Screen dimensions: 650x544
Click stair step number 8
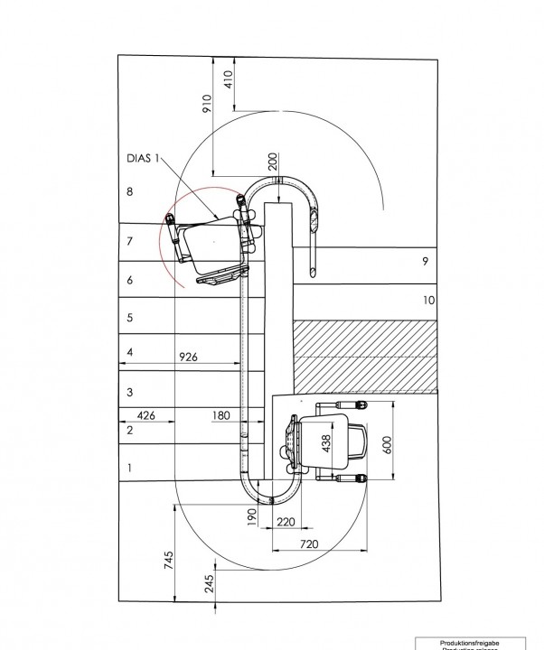tap(130, 191)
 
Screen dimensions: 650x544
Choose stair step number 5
tap(130, 318)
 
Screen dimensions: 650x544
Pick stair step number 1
tap(130, 468)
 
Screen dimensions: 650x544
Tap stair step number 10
tap(427, 299)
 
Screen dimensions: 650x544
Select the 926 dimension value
tap(188, 357)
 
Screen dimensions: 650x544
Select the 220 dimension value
tap(286, 521)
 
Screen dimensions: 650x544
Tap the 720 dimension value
tap(310, 544)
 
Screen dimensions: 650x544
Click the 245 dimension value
tap(209, 586)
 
